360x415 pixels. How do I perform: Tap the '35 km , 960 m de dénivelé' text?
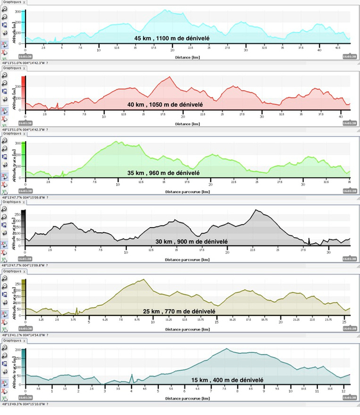coord(163,173)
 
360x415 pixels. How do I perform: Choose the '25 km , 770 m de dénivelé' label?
coord(179,311)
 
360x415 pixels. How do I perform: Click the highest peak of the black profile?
coord(256,210)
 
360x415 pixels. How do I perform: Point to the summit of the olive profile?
coord(144,280)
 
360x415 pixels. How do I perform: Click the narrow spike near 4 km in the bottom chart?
coord(132,375)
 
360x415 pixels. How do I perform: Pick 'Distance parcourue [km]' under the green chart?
coord(187,192)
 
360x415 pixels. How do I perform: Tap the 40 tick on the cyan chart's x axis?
coord(319,50)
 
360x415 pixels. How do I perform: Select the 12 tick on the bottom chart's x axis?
coord(343,390)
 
